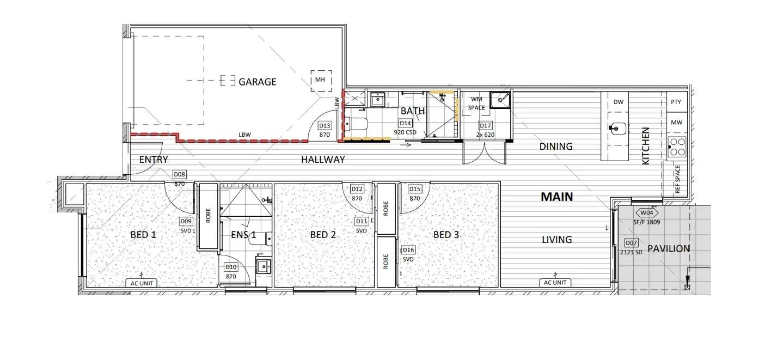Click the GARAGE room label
pyautogui.click(x=257, y=82)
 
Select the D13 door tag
pyautogui.click(x=325, y=125)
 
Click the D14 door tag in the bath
pyautogui.click(x=405, y=124)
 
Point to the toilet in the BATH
pyautogui.click(x=356, y=124)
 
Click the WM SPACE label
pyautogui.click(x=476, y=103)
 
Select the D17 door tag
pyautogui.click(x=485, y=125)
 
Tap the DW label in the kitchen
pyautogui.click(x=619, y=102)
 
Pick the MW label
pyautogui.click(x=676, y=123)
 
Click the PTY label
pyautogui.click(x=676, y=102)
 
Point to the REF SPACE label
pyautogui.click(x=677, y=179)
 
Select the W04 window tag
pyautogui.click(x=646, y=213)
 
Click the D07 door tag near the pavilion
pyautogui.click(x=631, y=243)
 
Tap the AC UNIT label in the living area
pyautogui.click(x=555, y=283)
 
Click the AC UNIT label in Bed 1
pyautogui.click(x=142, y=283)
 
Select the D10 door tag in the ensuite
pyautogui.click(x=231, y=267)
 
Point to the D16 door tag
pyautogui.click(x=408, y=250)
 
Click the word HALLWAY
pyautogui.click(x=323, y=160)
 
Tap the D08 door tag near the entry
pyautogui.click(x=179, y=174)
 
